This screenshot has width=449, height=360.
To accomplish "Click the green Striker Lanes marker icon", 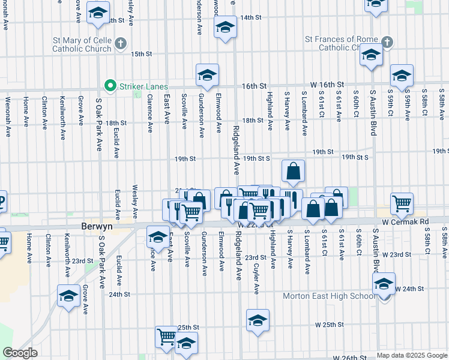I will point(110,86).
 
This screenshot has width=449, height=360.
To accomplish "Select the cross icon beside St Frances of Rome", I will point(387,43).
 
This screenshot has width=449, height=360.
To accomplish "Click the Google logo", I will point(20,353).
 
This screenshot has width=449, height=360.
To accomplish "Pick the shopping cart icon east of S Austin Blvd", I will point(401,203).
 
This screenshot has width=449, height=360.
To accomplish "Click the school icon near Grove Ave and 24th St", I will point(69,295).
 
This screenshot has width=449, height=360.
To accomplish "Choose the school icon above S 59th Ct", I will point(402,75).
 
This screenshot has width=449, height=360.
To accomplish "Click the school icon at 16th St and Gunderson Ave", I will point(207,74).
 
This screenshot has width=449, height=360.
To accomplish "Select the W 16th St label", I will point(327,85).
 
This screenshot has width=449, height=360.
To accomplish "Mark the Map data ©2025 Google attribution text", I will point(411,355).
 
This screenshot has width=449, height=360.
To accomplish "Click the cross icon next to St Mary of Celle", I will point(121,43).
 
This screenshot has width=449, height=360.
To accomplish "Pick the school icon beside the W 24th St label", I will point(384,283).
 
